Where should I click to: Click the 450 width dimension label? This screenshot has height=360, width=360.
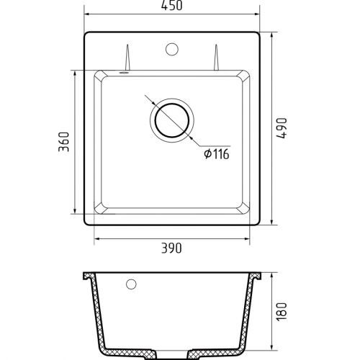pos(172,5)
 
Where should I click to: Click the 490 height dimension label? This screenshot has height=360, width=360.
pos(282,128)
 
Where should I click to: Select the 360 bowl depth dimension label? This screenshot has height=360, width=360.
pos(64,142)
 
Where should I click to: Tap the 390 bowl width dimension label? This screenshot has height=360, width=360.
pos(171,248)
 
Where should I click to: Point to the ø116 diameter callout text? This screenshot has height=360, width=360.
pos(217,154)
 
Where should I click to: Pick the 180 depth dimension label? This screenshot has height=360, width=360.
pos(282,311)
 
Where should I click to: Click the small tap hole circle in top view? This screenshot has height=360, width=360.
pos(172,49)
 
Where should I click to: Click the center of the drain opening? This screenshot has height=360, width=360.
pos(172,120)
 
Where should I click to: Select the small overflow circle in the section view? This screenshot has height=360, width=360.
pos(131,284)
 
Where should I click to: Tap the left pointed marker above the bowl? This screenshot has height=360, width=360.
pos(127,57)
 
